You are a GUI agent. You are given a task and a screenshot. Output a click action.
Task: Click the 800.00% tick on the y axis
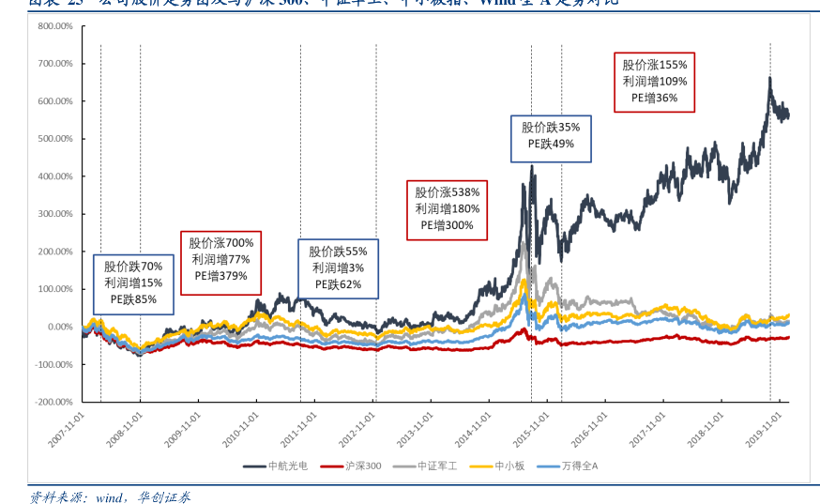pyautogui.click(x=54, y=26)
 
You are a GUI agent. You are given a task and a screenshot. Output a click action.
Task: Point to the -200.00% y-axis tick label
pyautogui.click(x=53, y=402)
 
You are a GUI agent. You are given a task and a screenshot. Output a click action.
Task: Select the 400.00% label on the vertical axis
pyautogui.click(x=54, y=176)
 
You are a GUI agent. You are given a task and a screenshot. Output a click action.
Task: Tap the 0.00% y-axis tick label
pyautogui.click(x=58, y=327)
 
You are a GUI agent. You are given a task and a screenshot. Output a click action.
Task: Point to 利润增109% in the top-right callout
pyautogui.click(x=655, y=81)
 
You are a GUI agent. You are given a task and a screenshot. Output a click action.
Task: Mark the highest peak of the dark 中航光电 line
pyautogui.click(x=769, y=78)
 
